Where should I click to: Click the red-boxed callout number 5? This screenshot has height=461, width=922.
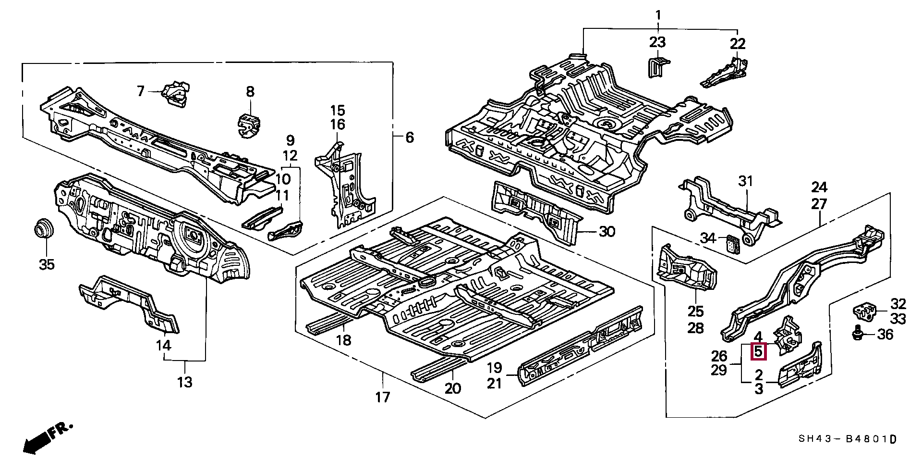[x=758, y=352]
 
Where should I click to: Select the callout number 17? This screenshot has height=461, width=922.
[x=383, y=397]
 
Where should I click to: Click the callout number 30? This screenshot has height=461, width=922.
[x=607, y=232]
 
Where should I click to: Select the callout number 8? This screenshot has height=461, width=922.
[x=250, y=91]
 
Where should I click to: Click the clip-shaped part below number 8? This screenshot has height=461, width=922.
[x=249, y=125]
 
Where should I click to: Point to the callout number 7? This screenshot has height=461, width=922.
[x=140, y=91]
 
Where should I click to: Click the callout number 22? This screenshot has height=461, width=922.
[x=738, y=44]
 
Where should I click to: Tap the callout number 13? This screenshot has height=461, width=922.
[x=184, y=382]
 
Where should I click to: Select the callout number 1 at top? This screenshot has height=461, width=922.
[x=658, y=15]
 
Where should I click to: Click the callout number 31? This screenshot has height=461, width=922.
[x=746, y=181]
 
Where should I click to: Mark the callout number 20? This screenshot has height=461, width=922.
[x=453, y=388]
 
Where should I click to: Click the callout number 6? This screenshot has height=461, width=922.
[x=409, y=137]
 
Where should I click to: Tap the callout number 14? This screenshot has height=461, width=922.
[x=163, y=345]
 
